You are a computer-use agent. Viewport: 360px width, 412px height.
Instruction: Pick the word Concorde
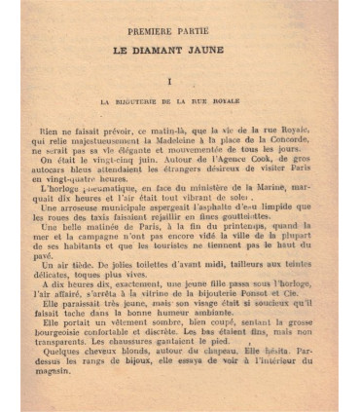[x=287, y=140]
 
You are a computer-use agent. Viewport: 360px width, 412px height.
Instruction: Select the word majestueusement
[x=105, y=140]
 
